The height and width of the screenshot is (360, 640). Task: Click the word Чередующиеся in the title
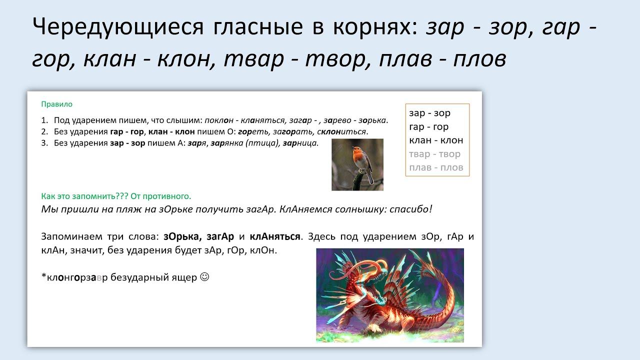coord(118,27)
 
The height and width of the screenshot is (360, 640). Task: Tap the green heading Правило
coord(57,104)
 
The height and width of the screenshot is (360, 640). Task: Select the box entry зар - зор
coord(429,113)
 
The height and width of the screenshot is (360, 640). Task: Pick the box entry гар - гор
coord(429,127)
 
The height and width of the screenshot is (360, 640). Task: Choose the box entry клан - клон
coord(436,140)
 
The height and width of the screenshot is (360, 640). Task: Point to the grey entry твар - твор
coord(434,154)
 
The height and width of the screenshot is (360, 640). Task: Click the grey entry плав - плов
coord(436,167)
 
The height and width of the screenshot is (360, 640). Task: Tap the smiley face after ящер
coord(204,277)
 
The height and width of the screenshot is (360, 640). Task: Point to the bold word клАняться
coord(275,236)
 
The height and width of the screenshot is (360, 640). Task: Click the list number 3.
coord(44,143)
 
